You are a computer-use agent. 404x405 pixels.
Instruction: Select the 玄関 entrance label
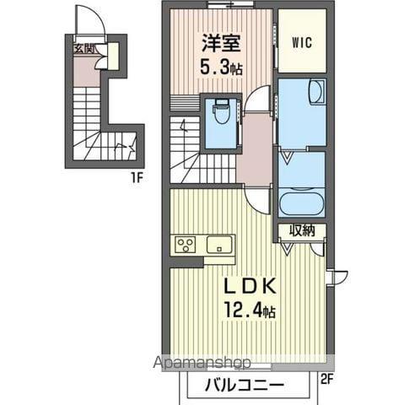pyautogui.click(x=83, y=49)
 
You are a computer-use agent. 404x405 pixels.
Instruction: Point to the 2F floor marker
pyautogui.click(x=327, y=379)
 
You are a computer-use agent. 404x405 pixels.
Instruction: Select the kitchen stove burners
pyautogui.click(x=186, y=245)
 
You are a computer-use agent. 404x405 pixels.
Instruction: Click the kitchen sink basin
pyautogui.click(x=220, y=245)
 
